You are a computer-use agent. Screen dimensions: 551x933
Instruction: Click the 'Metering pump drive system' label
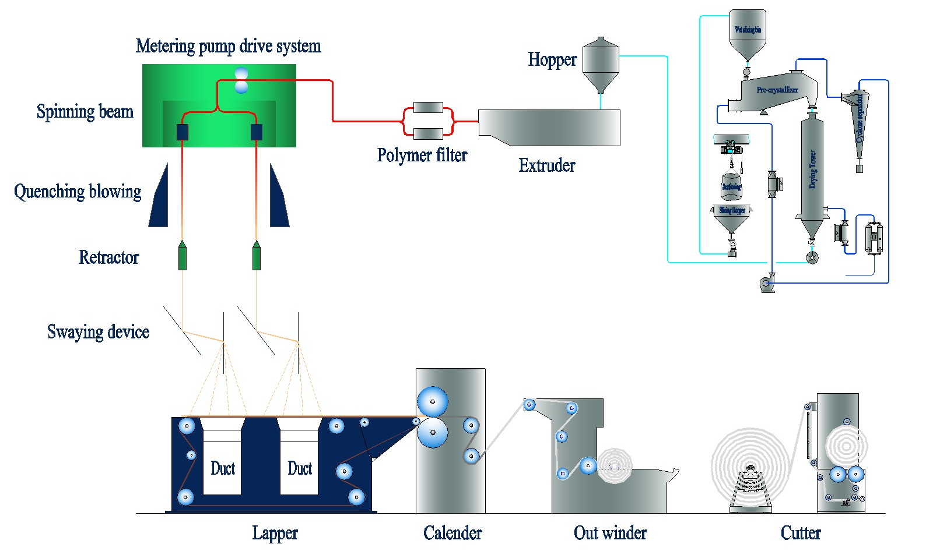click(228, 46)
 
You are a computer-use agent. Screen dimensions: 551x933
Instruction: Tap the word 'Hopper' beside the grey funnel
click(552, 59)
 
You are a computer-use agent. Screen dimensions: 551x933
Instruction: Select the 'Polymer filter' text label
click(422, 155)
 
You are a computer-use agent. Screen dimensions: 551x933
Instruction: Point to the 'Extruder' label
click(546, 165)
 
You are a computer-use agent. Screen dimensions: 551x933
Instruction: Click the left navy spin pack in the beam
click(183, 132)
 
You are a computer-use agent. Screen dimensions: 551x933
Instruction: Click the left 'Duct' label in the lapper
click(223, 468)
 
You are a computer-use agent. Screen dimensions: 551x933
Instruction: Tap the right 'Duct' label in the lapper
click(300, 468)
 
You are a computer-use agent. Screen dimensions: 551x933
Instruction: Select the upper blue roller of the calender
click(433, 402)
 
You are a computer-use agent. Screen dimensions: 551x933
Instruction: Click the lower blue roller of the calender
click(433, 433)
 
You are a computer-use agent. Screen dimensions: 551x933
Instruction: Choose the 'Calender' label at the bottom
click(453, 533)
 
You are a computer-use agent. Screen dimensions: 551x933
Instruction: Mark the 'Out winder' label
click(610, 533)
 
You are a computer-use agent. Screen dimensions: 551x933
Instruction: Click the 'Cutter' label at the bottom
click(801, 533)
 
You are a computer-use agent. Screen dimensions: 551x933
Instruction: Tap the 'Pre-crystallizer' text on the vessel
click(777, 90)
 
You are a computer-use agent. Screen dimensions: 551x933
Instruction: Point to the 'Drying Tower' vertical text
click(812, 169)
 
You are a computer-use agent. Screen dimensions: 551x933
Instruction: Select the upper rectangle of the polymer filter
click(428, 107)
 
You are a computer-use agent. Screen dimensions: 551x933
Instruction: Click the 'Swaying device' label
click(98, 332)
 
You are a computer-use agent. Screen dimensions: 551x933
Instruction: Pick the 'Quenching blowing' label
click(78, 192)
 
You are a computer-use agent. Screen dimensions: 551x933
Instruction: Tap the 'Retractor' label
click(108, 257)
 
